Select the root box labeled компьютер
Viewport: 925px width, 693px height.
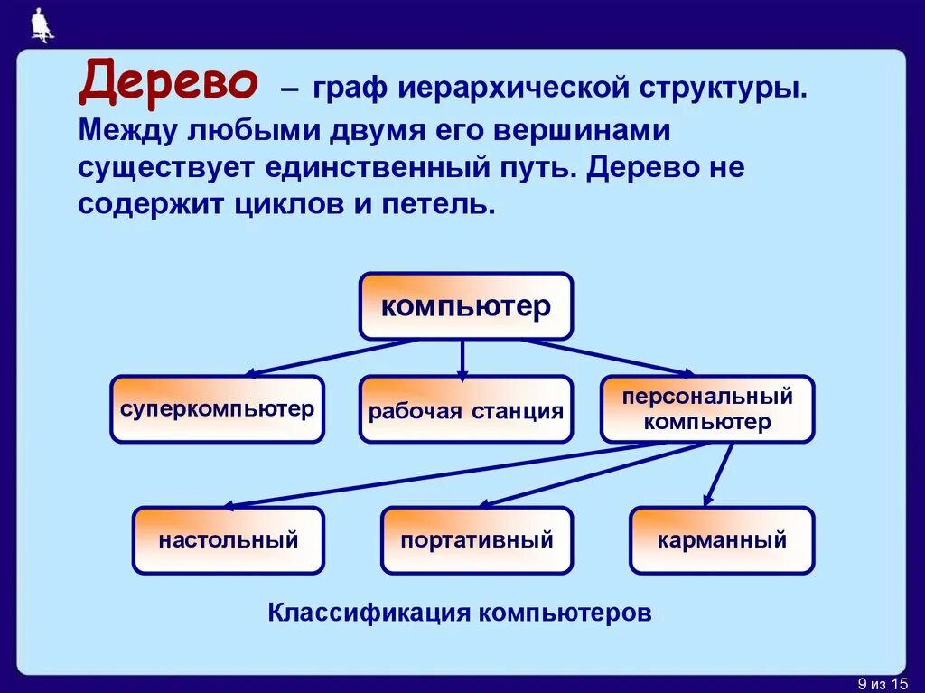[466, 306]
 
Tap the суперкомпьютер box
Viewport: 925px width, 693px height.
[217, 409]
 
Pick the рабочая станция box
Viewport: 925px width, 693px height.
[465, 410]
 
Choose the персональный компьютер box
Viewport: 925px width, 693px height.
[707, 409]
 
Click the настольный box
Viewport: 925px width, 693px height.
[228, 540]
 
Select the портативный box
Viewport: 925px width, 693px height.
[476, 540]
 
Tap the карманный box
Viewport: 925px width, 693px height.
[722, 540]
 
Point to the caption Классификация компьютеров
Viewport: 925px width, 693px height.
[460, 613]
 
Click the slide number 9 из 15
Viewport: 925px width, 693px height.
[881, 681]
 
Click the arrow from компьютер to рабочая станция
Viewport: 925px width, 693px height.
[462, 359]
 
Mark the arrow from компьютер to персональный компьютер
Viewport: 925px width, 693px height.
[605, 358]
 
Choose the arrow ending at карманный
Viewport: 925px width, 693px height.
[718, 475]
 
